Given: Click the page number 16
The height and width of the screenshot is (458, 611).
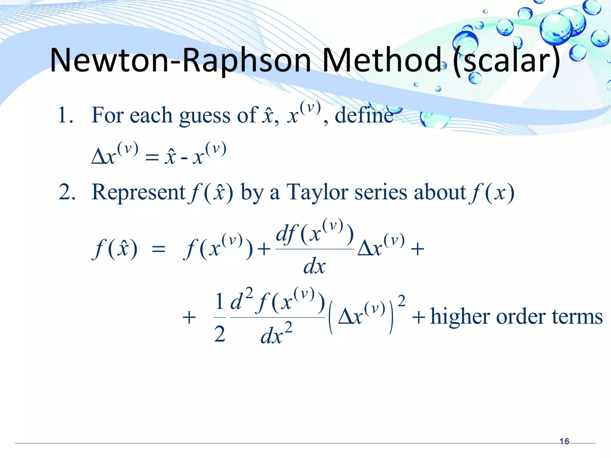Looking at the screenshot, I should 564,441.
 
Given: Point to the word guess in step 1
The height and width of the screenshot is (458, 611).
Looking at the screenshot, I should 205,116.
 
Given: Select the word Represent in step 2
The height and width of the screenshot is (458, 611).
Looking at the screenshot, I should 138,192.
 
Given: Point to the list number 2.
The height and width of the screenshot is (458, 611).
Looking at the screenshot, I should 66,192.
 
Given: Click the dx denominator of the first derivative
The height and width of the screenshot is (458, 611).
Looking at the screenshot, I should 314,266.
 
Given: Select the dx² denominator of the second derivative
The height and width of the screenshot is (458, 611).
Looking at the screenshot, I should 276,334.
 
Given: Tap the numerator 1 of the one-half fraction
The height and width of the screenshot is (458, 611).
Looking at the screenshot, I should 220,301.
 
